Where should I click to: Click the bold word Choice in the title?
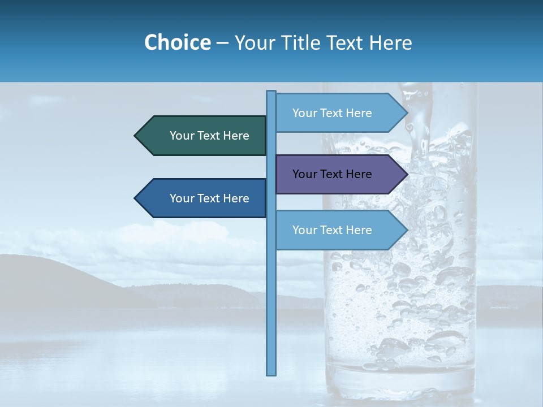[177, 42]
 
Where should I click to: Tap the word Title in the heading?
[302, 42]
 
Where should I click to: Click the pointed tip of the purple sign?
[406, 174]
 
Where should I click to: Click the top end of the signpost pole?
[271, 93]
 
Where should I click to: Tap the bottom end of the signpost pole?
[271, 373]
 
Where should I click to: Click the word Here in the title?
[391, 42]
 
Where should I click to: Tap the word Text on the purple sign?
[332, 174]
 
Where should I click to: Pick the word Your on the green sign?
[182, 136]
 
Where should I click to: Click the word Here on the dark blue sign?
[236, 198]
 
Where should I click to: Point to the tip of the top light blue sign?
[406, 113]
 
